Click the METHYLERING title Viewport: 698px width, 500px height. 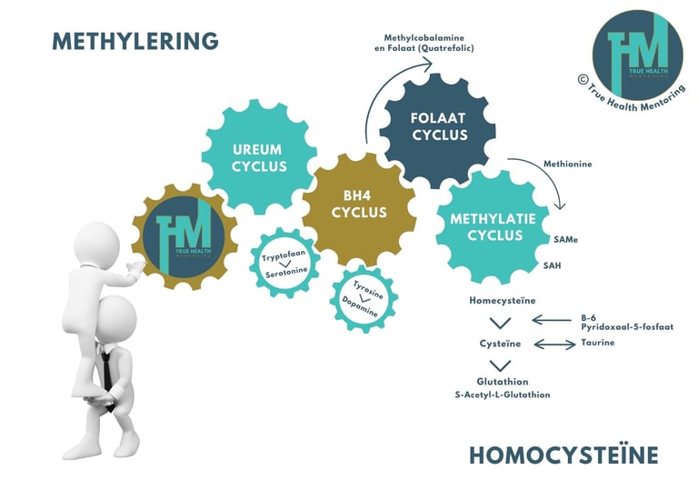click(x=135, y=41)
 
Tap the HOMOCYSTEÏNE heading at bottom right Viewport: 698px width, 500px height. click(x=563, y=455)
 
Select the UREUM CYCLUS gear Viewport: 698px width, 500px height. click(x=259, y=156)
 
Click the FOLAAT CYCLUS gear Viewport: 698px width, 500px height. click(x=438, y=126)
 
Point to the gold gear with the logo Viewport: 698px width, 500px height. click(x=184, y=234)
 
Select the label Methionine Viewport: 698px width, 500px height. click(x=568, y=164)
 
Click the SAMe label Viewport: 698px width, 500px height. click(x=565, y=240)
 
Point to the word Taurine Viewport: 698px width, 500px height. click(x=597, y=343)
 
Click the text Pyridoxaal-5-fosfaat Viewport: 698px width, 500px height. click(x=627, y=325)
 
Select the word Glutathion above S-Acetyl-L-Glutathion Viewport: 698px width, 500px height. click(x=502, y=382)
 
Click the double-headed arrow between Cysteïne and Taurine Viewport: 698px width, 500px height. click(x=553, y=344)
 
